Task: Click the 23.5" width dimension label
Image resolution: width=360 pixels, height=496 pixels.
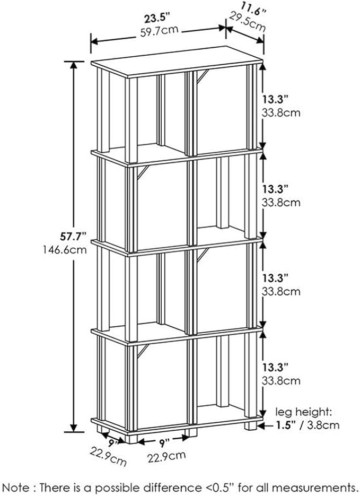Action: click(x=157, y=19)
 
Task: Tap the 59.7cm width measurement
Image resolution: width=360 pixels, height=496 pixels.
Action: click(x=159, y=31)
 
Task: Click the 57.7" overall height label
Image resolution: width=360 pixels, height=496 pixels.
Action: click(x=73, y=236)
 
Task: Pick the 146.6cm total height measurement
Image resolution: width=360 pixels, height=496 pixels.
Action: click(x=65, y=250)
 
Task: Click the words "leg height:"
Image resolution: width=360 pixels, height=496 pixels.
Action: click(x=304, y=412)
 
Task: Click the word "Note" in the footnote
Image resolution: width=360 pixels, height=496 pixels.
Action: click(x=14, y=487)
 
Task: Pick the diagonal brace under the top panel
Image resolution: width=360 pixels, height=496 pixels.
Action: click(x=203, y=76)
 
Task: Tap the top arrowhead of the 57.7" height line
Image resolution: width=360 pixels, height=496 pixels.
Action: click(x=74, y=65)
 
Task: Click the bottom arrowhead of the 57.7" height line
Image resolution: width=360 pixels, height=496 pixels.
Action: click(x=74, y=428)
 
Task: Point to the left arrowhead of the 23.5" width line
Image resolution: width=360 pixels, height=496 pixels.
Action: click(x=95, y=41)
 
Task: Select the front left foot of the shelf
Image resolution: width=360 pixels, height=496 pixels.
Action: click(x=131, y=438)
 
